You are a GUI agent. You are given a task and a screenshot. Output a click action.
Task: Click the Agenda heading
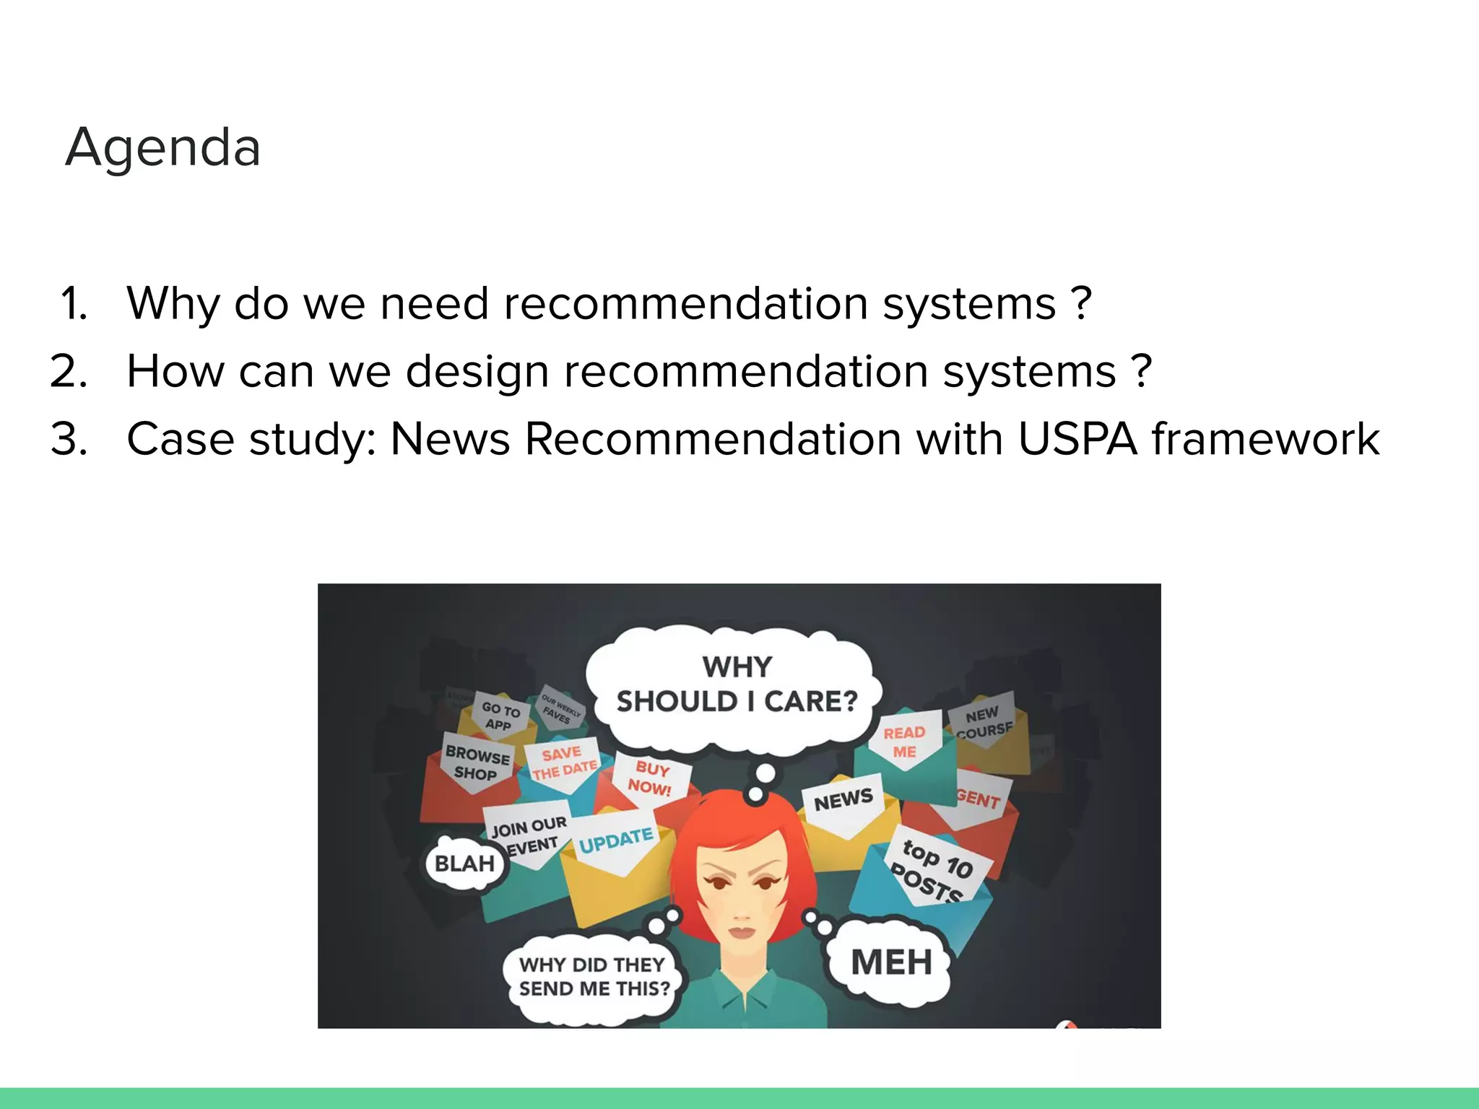pyautogui.click(x=162, y=147)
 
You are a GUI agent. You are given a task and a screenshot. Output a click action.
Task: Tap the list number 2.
pyautogui.click(x=69, y=371)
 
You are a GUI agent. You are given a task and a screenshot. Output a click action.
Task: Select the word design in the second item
pyautogui.click(x=477, y=373)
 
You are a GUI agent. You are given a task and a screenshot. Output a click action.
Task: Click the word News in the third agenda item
pyautogui.click(x=450, y=439)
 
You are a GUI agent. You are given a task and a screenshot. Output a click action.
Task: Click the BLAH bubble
pyautogui.click(x=465, y=864)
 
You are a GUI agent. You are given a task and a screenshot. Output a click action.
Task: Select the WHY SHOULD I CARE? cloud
pyautogui.click(x=736, y=684)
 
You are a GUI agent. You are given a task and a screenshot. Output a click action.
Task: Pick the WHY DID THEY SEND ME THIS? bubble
pyautogui.click(x=594, y=977)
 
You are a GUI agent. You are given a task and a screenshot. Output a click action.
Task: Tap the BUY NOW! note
pyautogui.click(x=651, y=778)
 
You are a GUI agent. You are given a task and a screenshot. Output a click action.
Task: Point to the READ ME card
pyautogui.click(x=904, y=742)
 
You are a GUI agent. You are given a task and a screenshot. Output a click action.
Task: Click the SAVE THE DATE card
pyautogui.click(x=563, y=763)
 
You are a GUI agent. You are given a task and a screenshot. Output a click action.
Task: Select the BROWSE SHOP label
pyautogui.click(x=477, y=764)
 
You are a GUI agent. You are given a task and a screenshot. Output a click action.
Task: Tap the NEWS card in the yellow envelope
pyautogui.click(x=843, y=800)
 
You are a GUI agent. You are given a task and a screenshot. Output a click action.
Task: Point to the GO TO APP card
pyautogui.click(x=500, y=716)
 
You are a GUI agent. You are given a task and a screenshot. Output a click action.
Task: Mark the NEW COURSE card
pyautogui.click(x=984, y=722)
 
